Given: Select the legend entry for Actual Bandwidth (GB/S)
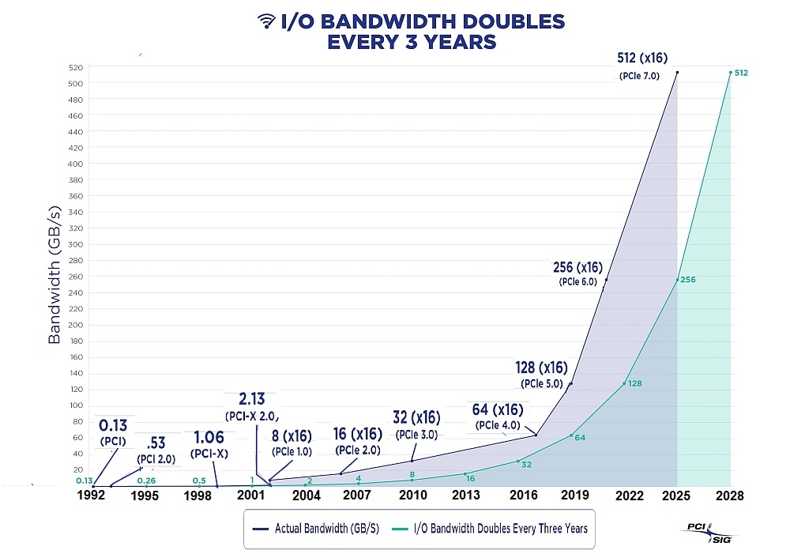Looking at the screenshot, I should [x=312, y=528].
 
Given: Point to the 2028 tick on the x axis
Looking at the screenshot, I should [x=731, y=496].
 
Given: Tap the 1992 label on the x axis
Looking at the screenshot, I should [x=92, y=496].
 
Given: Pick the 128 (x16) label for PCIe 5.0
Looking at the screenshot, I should [x=541, y=367].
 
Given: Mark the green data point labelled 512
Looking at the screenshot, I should [x=731, y=73].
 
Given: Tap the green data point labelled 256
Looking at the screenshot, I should [x=677, y=280].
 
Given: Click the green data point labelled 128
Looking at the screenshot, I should [x=624, y=383].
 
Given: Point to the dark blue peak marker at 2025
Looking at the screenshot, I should [x=677, y=73].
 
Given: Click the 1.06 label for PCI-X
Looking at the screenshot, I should [x=209, y=438].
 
